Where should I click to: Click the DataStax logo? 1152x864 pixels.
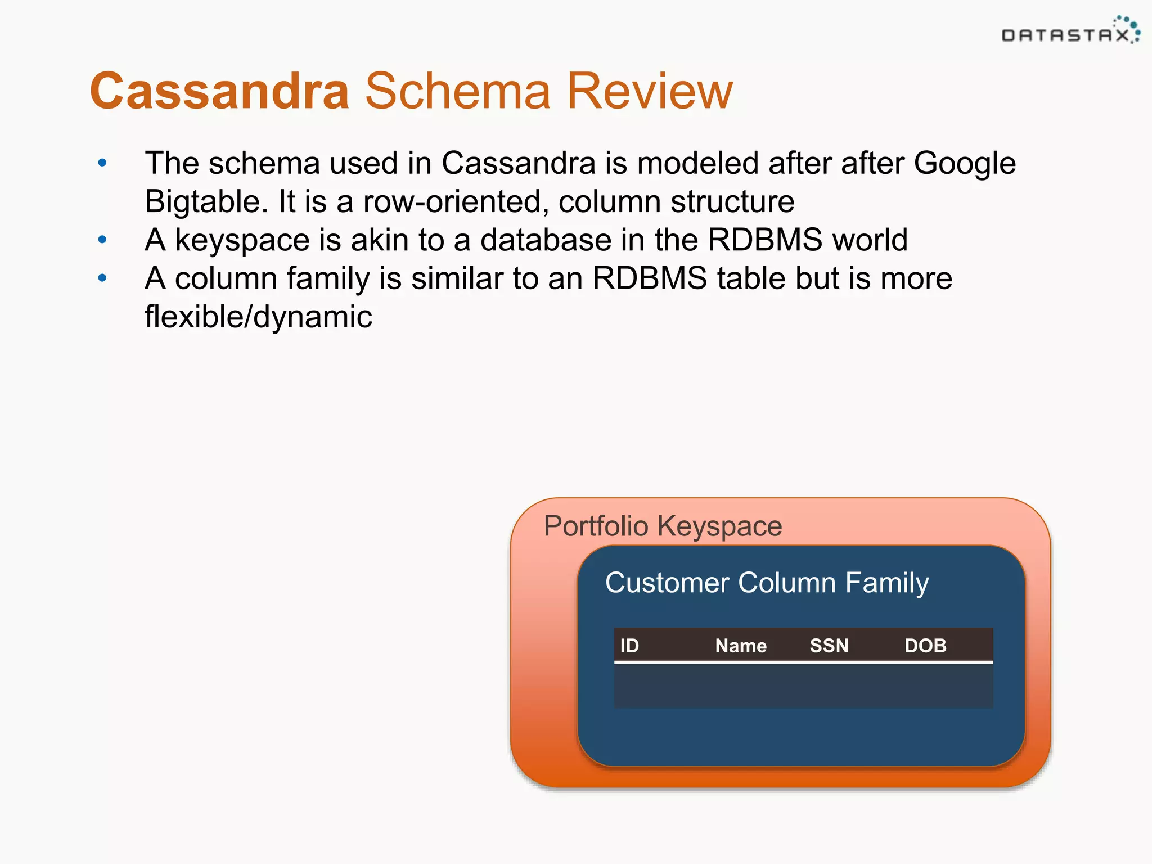(x=1070, y=31)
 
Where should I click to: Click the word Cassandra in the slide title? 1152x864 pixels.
(x=220, y=91)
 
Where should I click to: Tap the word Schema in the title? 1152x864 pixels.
(x=458, y=91)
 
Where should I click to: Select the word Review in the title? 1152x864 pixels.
(x=650, y=91)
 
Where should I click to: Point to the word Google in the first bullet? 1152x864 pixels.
(x=964, y=164)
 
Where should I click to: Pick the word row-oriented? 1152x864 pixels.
(x=456, y=202)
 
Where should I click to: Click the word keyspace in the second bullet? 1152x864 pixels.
(x=242, y=240)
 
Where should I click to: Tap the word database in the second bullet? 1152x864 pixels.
(x=546, y=240)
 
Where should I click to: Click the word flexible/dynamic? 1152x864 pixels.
(x=258, y=317)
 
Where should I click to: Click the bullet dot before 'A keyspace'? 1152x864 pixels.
(x=102, y=240)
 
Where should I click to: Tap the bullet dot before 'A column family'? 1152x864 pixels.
(x=102, y=278)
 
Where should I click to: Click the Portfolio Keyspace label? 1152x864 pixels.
(x=663, y=526)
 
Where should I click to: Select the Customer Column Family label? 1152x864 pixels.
(x=767, y=583)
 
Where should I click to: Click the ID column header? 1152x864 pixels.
(x=629, y=646)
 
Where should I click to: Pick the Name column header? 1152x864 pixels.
(x=741, y=646)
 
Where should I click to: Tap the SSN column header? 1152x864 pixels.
(x=829, y=646)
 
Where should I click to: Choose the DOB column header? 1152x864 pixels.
(x=925, y=646)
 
